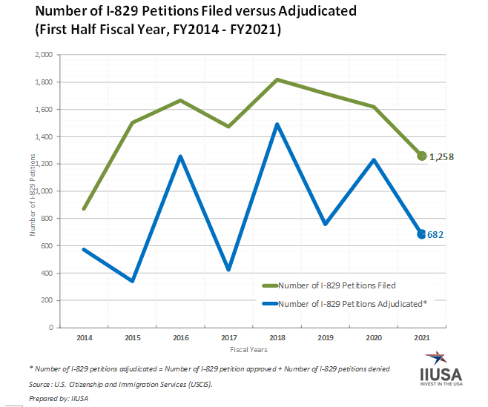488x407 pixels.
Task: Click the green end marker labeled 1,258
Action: (422, 156)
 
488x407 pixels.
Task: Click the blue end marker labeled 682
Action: (422, 234)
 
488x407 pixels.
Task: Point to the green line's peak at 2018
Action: (277, 79)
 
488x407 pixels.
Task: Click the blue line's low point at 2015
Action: (132, 281)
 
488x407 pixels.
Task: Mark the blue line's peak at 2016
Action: (180, 156)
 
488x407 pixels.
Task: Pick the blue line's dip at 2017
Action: (228, 269)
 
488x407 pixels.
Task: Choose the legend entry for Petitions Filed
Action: (338, 285)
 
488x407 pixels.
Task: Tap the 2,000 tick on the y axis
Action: (43, 55)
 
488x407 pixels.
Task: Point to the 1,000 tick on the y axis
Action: (43, 191)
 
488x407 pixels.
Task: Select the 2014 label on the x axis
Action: (84, 337)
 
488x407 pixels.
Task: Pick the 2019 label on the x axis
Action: (325, 337)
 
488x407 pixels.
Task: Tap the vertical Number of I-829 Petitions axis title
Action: (33, 195)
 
